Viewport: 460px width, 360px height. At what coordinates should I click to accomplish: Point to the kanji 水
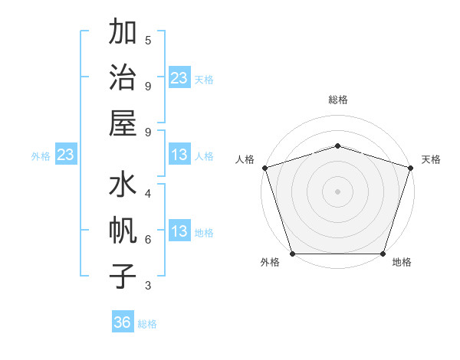click(x=123, y=186)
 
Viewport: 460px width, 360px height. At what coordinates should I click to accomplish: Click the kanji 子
click(x=123, y=277)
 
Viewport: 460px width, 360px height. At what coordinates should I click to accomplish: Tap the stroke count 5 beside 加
click(x=148, y=40)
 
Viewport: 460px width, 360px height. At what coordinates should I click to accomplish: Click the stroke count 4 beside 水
click(x=148, y=194)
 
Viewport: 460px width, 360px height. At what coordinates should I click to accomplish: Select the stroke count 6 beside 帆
click(x=148, y=239)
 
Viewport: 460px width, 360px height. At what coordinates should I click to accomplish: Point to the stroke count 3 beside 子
click(x=148, y=285)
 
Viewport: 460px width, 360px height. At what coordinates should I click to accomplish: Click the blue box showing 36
click(x=123, y=322)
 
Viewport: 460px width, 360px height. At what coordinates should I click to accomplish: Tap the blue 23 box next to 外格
click(x=65, y=155)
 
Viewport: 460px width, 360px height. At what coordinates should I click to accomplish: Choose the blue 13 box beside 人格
click(x=179, y=155)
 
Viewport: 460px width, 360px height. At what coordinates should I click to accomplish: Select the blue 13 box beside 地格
click(x=179, y=232)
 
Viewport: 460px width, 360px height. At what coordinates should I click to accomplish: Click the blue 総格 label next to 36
click(x=148, y=324)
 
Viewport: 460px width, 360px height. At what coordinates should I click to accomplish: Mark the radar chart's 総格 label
click(x=338, y=100)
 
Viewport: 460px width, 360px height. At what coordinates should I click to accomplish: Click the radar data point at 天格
click(x=410, y=168)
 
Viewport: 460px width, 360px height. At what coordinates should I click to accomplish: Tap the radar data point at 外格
click(x=293, y=254)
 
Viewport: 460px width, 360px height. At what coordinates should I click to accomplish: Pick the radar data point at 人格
click(x=265, y=168)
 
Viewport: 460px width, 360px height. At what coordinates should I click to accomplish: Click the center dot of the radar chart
click(x=338, y=191)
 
